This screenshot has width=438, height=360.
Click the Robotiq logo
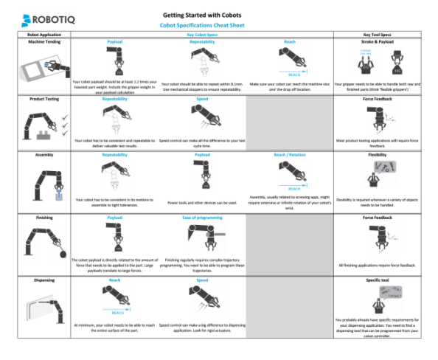39,17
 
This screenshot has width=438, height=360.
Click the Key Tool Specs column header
378,35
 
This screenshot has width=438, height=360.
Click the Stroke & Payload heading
378,43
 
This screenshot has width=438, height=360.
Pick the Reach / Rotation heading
290,156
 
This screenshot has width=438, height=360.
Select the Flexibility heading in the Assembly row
378,156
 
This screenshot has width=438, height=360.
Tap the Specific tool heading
378,281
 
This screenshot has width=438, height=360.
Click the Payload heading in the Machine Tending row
114,43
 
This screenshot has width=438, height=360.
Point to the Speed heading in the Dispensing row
202,281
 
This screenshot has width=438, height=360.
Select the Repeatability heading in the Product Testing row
114,98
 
